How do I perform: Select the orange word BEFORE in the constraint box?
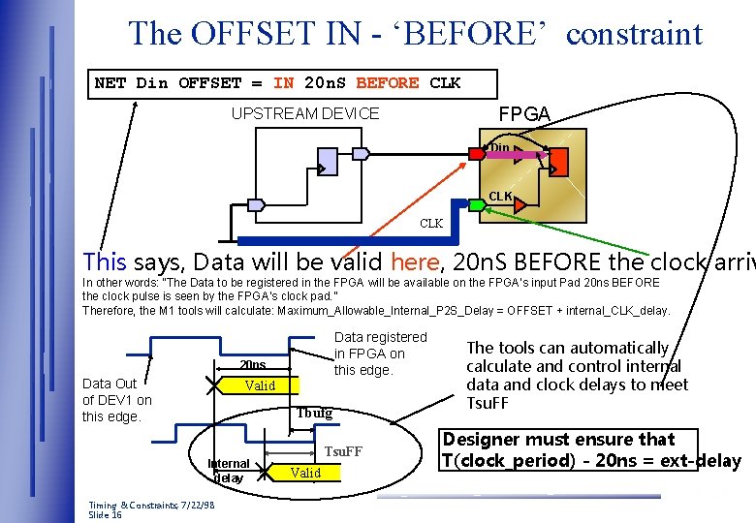pyautogui.click(x=387, y=83)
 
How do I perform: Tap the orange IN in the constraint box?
pyautogui.click(x=284, y=83)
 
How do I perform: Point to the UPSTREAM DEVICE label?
pyautogui.click(x=305, y=114)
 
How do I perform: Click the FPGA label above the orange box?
pyautogui.click(x=523, y=114)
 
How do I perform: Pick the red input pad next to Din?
pyautogui.click(x=477, y=153)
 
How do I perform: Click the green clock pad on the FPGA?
pyautogui.click(x=477, y=205)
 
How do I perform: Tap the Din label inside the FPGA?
pyautogui.click(x=499, y=148)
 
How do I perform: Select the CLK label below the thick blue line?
pyautogui.click(x=431, y=224)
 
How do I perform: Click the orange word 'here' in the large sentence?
pyautogui.click(x=414, y=261)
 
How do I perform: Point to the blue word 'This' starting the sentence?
pyautogui.click(x=105, y=261)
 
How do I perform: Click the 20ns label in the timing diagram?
pyautogui.click(x=252, y=365)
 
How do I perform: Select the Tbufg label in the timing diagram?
pyautogui.click(x=314, y=413)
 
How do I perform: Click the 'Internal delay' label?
pyautogui.click(x=230, y=471)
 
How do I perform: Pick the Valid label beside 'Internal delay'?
pyautogui.click(x=305, y=473)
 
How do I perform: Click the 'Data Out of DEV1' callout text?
pyautogui.click(x=117, y=400)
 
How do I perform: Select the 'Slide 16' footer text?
pyautogui.click(x=105, y=515)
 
